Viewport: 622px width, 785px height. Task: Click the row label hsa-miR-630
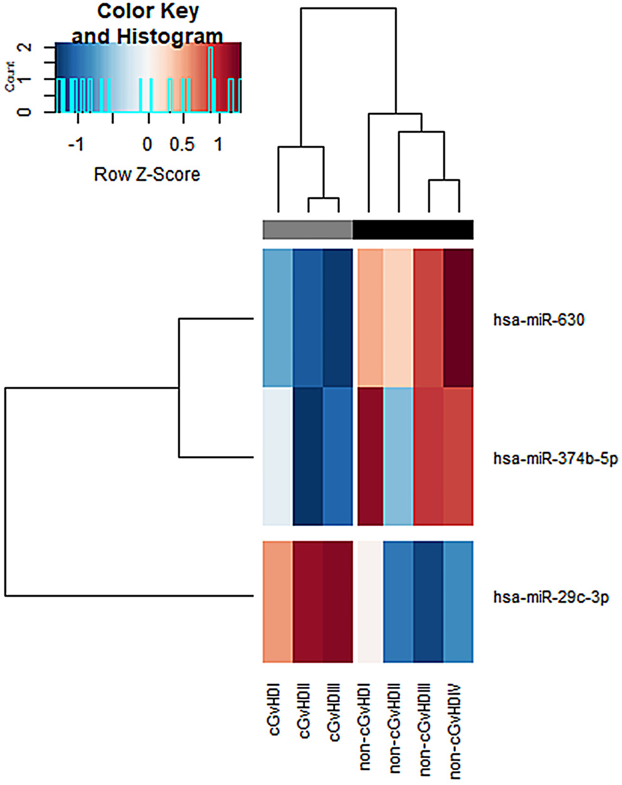pos(539,320)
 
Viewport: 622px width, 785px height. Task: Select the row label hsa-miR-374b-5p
pos(555,459)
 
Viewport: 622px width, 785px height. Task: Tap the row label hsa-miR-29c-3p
pos(551,597)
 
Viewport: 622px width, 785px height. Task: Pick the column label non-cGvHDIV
pos(457,730)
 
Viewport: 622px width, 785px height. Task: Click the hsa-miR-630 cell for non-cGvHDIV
pos(458,318)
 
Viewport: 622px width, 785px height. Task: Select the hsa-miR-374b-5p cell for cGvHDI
pos(277,456)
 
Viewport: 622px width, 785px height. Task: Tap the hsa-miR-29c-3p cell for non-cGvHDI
pos(369,601)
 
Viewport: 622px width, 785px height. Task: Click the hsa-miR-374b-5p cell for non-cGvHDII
pos(398,456)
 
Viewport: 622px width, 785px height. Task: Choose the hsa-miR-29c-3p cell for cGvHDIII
pos(338,601)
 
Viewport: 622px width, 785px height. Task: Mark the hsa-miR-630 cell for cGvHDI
pos(277,318)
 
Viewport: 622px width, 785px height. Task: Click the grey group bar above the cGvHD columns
pos(307,230)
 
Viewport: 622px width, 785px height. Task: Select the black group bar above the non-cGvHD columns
pos(413,230)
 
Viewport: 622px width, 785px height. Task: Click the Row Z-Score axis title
pos(147,174)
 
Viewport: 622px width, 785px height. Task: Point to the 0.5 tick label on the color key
pos(182,144)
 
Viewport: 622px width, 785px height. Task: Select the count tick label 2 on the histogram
pos(26,47)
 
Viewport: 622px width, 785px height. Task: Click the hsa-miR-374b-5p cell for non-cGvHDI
pos(369,456)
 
